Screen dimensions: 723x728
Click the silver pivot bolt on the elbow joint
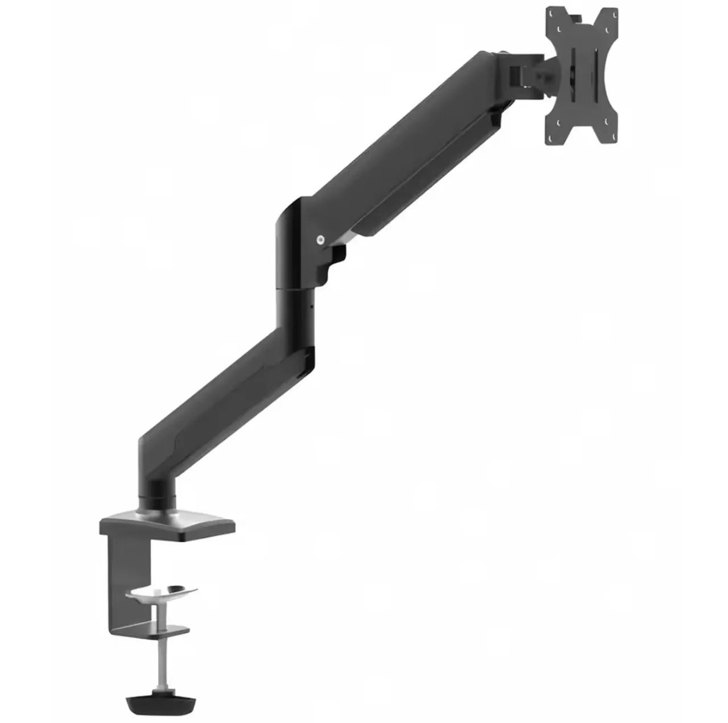[320, 240]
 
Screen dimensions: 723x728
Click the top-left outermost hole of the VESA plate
[551, 13]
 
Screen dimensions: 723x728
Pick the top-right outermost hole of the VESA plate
[613, 13]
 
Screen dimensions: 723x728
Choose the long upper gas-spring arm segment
[398, 154]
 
